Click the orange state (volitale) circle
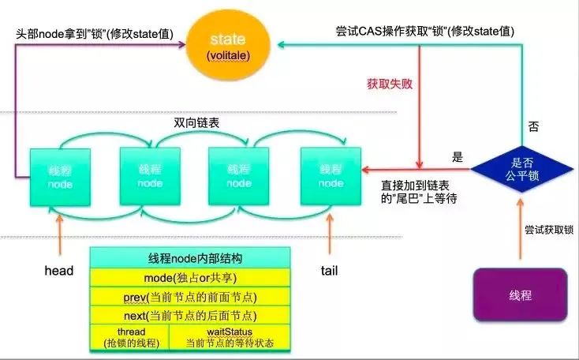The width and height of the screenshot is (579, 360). pyautogui.click(x=228, y=45)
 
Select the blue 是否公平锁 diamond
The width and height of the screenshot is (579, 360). pyautogui.click(x=522, y=169)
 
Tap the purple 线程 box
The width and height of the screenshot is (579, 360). pyautogui.click(x=520, y=295)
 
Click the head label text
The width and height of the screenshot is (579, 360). pyautogui.click(x=58, y=271)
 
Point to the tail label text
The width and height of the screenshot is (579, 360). pyautogui.click(x=329, y=271)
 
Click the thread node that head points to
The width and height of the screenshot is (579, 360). pyautogui.click(x=60, y=177)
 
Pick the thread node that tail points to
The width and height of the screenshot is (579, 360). pyautogui.click(x=331, y=176)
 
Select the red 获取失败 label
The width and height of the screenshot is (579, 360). pyautogui.click(x=390, y=84)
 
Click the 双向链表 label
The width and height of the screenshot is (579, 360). pyautogui.click(x=196, y=122)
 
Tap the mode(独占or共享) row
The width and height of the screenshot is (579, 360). pyautogui.click(x=190, y=278)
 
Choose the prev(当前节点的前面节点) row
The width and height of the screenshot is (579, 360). pyautogui.click(x=190, y=297)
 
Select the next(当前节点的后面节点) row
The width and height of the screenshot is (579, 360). pyautogui.click(x=190, y=315)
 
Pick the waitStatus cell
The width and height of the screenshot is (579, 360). pyautogui.click(x=230, y=337)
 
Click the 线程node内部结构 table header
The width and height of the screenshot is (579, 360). pyautogui.click(x=190, y=258)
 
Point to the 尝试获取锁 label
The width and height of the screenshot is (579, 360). pyautogui.click(x=549, y=230)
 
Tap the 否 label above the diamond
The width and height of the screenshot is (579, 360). pyautogui.click(x=533, y=127)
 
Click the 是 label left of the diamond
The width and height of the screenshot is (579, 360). pyautogui.click(x=458, y=157)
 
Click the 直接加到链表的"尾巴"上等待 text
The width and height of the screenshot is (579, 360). pyautogui.click(x=419, y=192)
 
